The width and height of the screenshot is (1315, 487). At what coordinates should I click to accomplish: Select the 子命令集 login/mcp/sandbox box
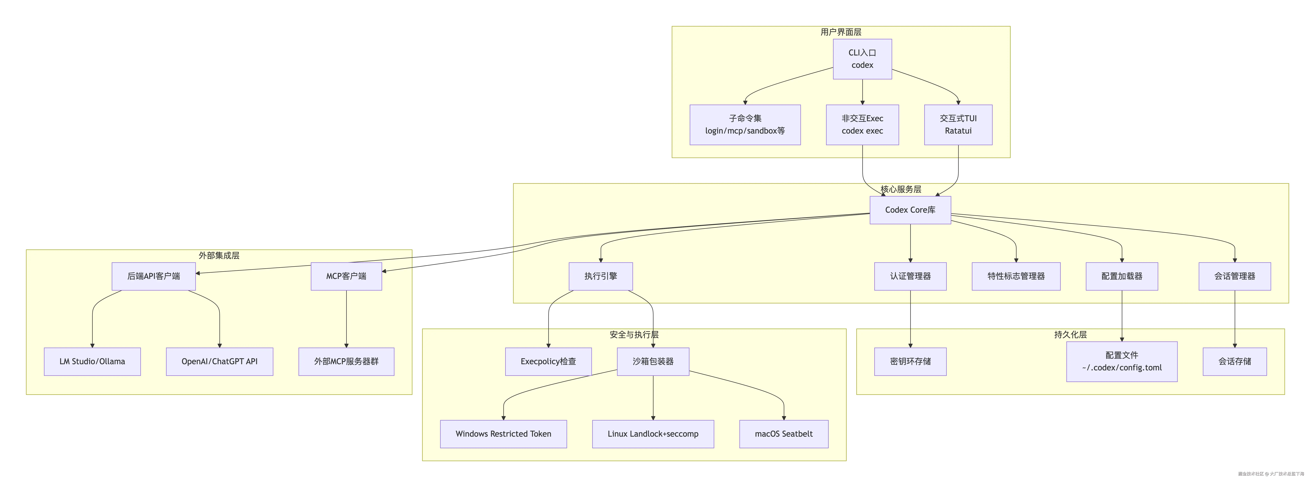[745, 125]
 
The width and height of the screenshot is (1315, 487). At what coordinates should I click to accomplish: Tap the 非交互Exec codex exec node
[862, 125]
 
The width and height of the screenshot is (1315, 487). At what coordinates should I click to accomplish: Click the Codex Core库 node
[910, 210]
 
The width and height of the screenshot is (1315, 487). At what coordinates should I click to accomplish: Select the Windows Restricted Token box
[503, 434]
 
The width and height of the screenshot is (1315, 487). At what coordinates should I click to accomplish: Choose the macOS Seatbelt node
[784, 434]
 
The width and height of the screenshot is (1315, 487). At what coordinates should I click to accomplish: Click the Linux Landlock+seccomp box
[653, 434]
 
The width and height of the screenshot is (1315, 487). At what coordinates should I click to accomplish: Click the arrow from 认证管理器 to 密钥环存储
[910, 319]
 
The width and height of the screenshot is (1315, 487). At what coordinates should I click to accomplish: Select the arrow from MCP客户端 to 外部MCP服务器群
[346, 319]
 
